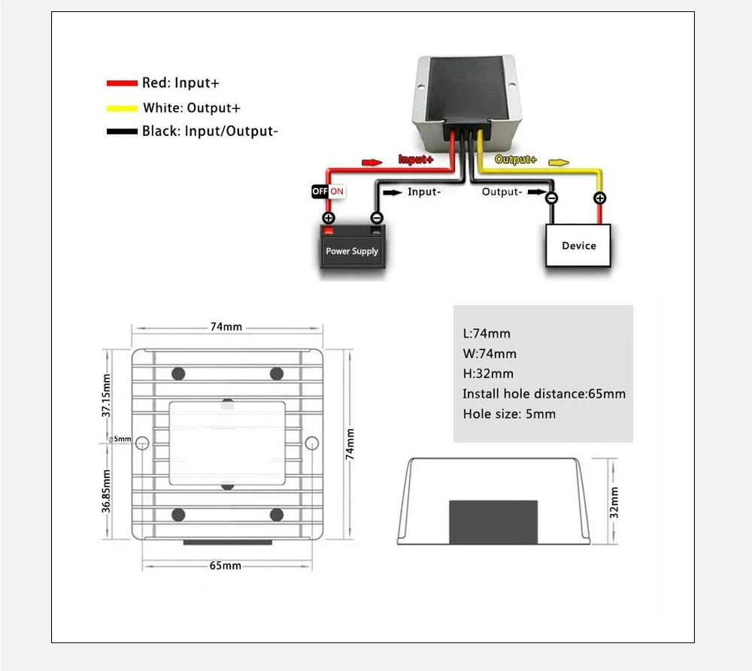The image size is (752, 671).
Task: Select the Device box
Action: click(578, 246)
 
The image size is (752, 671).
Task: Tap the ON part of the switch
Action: click(337, 192)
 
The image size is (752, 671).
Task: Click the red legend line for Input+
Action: click(122, 83)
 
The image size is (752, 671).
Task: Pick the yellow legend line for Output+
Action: click(122, 107)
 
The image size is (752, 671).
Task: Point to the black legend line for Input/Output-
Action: click(122, 131)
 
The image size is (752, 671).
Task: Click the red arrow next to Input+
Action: click(372, 162)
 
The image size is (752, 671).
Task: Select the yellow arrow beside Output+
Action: click(559, 162)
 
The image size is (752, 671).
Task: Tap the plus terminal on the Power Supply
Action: click(329, 218)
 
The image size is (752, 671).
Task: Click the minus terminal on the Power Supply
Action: click(377, 218)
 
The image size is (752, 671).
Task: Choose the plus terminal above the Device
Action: click(599, 198)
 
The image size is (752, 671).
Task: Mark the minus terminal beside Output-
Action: click(551, 198)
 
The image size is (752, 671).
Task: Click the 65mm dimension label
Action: click(226, 565)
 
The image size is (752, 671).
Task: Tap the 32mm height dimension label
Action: click(614, 502)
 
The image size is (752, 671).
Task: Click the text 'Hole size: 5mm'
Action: click(509, 414)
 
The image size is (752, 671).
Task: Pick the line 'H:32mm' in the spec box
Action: click(488, 373)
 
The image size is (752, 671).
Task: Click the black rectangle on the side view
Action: click(493, 521)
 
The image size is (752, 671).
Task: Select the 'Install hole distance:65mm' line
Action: click(544, 394)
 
